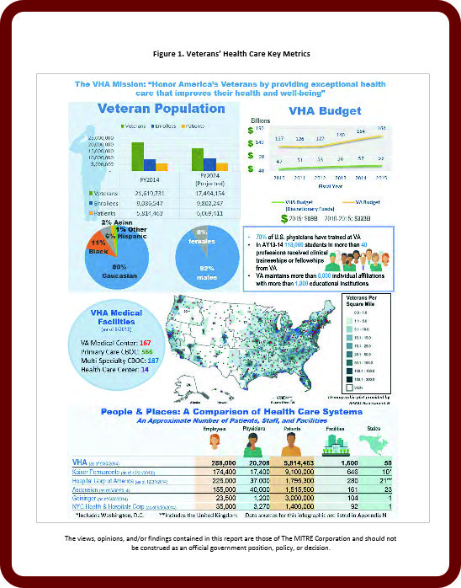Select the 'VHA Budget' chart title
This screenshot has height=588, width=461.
(x=324, y=110)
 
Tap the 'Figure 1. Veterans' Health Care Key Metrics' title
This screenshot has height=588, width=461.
(x=230, y=53)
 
